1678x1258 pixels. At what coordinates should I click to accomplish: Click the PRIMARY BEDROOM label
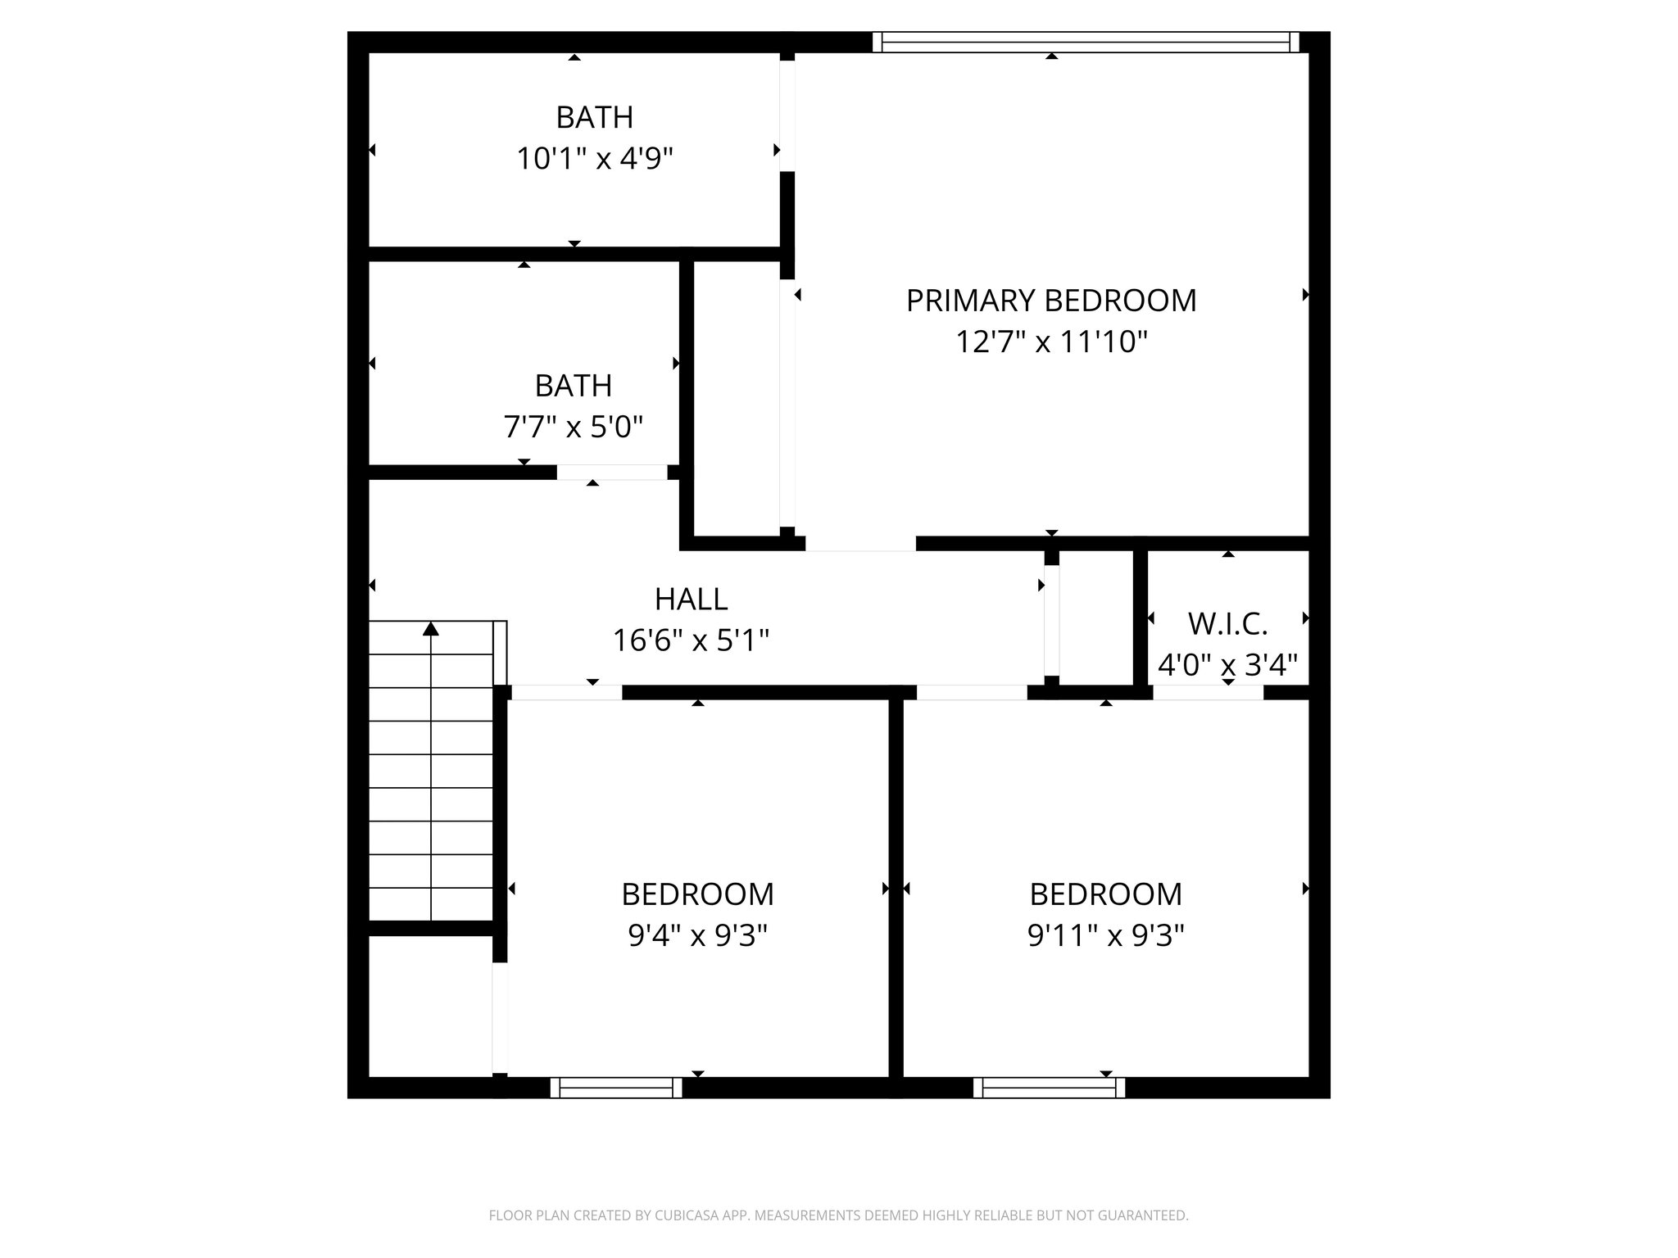coord(1050,301)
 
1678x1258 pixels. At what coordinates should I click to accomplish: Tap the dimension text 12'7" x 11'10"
coord(1050,342)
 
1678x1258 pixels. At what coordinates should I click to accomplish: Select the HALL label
coord(691,600)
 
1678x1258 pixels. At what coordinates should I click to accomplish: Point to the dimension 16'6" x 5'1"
coord(691,640)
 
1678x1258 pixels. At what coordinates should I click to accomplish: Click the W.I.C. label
coord(1227,624)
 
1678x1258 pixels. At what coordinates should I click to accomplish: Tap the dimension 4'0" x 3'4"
coord(1227,664)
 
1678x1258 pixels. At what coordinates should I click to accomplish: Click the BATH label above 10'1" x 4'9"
coord(594,118)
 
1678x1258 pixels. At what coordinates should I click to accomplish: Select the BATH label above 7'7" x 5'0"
coord(573,386)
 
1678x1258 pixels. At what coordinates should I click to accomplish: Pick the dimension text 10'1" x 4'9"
coord(594,159)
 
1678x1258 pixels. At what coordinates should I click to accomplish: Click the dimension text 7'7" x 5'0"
coord(573,427)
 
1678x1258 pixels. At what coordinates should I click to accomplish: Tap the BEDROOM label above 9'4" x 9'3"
coord(697,894)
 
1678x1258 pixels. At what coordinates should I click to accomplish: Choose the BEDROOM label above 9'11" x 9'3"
coord(1105,894)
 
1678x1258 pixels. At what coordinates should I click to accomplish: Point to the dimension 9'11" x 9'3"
coord(1105,935)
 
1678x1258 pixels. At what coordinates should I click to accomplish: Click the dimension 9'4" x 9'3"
coord(697,935)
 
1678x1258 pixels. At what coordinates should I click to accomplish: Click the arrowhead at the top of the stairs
coord(430,629)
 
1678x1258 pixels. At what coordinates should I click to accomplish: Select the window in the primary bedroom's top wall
coord(1085,42)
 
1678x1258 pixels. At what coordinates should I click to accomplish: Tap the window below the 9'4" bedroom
coord(616,1088)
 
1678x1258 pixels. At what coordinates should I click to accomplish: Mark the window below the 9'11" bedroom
coord(1049,1088)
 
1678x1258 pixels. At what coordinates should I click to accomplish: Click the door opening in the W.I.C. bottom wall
coord(1208,693)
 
